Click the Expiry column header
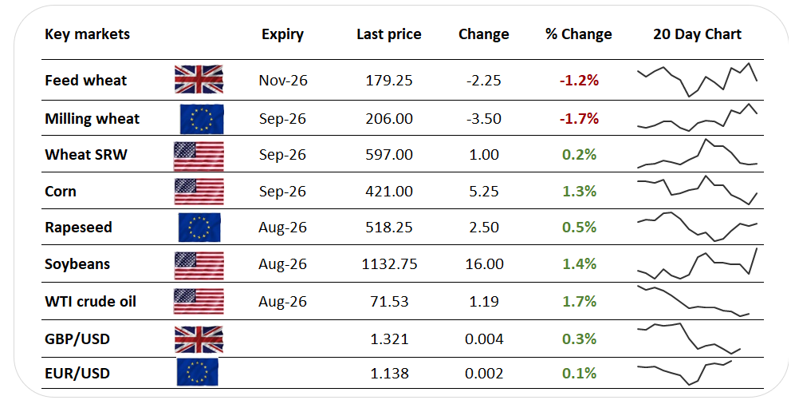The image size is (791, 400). (x=282, y=34)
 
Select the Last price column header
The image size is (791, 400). (x=389, y=34)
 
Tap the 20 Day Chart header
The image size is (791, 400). (x=697, y=34)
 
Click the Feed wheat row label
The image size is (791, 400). (x=86, y=81)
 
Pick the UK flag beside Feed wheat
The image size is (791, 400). (x=199, y=79)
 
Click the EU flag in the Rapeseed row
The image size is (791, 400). (x=199, y=228)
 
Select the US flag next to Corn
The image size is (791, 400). (x=199, y=191)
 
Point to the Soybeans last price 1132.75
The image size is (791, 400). (x=389, y=264)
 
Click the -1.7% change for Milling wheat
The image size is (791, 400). (x=579, y=119)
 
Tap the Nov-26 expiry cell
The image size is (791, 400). (x=283, y=81)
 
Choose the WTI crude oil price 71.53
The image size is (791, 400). (x=389, y=302)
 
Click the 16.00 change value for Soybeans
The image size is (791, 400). (x=484, y=264)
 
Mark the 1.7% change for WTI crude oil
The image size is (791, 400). (x=579, y=302)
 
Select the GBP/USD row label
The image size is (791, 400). (x=77, y=339)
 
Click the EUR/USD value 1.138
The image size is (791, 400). (x=389, y=373)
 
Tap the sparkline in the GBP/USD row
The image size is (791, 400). (x=689, y=339)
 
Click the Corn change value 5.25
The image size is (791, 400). (x=484, y=192)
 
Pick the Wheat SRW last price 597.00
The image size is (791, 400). (x=389, y=155)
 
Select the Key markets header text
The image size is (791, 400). (x=87, y=34)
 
